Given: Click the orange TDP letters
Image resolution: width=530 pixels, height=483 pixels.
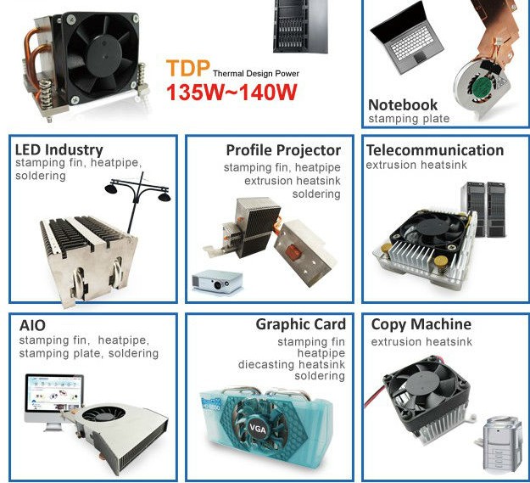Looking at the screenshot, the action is pyautogui.click(x=188, y=68).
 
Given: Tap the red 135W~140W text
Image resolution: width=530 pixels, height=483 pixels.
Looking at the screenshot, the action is pyautogui.click(x=232, y=93).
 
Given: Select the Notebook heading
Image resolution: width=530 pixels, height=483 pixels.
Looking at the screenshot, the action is pyautogui.click(x=403, y=105).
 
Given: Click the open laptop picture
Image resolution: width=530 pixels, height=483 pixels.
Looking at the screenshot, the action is pyautogui.click(x=407, y=38).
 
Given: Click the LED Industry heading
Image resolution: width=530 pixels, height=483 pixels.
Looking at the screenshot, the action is pyautogui.click(x=59, y=150).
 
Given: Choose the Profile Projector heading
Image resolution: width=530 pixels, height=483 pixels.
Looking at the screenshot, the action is pyautogui.click(x=283, y=150).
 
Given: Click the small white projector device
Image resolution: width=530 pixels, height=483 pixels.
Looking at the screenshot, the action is pyautogui.click(x=217, y=282).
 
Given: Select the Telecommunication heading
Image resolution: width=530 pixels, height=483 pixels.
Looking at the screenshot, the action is pyautogui.click(x=435, y=150).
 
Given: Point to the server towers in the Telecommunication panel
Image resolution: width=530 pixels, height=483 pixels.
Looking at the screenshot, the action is pyautogui.click(x=484, y=209).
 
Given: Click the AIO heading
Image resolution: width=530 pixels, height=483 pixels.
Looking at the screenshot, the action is pyautogui.click(x=32, y=325).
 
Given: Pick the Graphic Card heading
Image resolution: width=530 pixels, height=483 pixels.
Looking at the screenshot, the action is pyautogui.click(x=301, y=324).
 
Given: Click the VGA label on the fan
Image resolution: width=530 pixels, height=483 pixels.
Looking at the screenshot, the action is pyautogui.click(x=258, y=429).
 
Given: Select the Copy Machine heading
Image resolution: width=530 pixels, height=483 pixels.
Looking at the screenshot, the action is pyautogui.click(x=421, y=324).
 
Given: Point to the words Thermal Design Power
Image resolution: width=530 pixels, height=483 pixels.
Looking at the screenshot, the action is pyautogui.click(x=256, y=73).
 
